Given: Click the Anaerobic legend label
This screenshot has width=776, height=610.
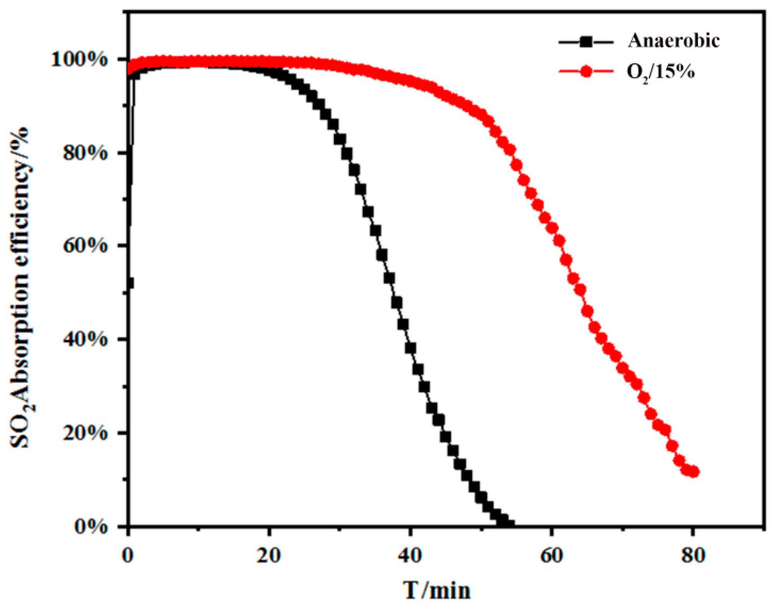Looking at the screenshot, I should (673, 41).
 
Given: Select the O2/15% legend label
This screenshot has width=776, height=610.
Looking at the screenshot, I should (660, 72).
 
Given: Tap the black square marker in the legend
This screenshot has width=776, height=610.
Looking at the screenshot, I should (586, 41).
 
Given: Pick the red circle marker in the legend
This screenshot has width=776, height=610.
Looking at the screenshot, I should (586, 72).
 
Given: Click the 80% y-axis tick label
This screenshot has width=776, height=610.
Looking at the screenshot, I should (85, 153).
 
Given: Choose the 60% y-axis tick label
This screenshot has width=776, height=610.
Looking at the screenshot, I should (85, 246).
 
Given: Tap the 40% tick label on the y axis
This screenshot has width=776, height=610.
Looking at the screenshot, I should (85, 339).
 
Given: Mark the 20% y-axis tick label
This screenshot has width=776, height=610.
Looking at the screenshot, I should (85, 433).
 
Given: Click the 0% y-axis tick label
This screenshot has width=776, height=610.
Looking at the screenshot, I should (91, 526).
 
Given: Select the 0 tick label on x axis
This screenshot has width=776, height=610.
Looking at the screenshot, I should (128, 556).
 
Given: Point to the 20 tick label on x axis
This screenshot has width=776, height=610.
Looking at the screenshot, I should (269, 556).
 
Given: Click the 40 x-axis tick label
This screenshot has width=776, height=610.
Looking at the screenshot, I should (410, 556).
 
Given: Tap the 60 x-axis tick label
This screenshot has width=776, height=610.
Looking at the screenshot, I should (551, 556).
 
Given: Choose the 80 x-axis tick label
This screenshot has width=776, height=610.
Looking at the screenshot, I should (693, 556).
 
